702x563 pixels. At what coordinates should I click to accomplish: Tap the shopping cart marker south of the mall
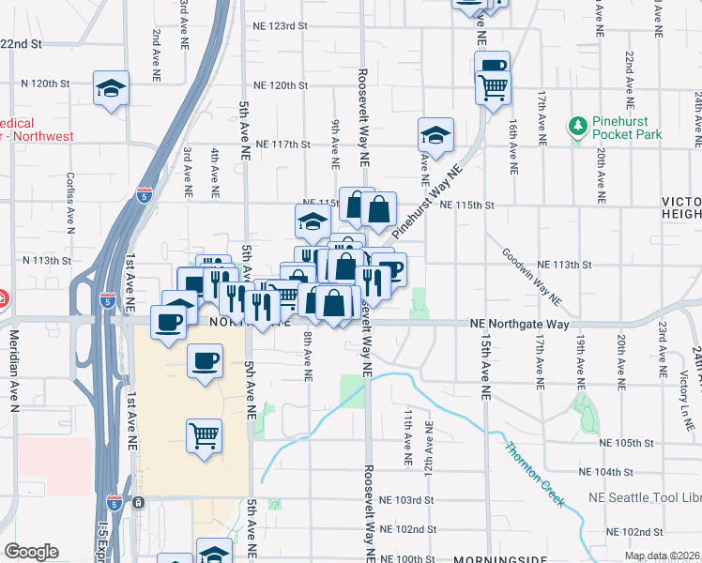click(x=204, y=435)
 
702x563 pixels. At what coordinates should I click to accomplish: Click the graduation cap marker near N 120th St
click(x=112, y=89)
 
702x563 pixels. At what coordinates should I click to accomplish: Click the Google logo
click(x=31, y=551)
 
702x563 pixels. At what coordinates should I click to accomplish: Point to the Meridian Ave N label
click(x=14, y=370)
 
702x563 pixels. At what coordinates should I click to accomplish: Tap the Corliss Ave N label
click(x=70, y=201)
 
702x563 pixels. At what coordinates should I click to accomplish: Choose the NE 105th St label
click(x=628, y=443)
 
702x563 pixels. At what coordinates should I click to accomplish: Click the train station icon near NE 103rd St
click(x=139, y=503)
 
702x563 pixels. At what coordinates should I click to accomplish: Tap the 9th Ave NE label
click(x=335, y=144)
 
